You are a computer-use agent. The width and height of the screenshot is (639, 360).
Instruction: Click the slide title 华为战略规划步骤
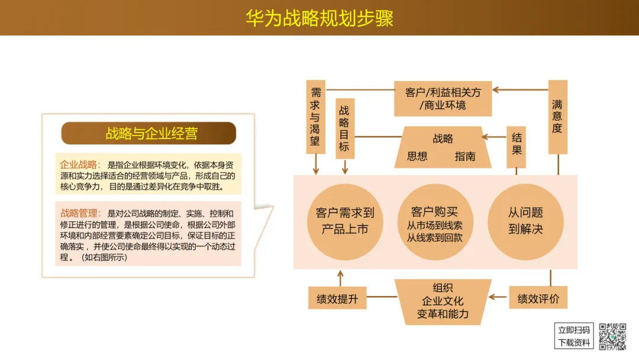319,18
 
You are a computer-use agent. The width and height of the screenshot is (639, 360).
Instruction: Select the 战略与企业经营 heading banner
149,133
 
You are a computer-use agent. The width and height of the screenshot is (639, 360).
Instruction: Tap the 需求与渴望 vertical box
315,117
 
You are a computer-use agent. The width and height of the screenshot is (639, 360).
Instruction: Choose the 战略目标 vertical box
344,128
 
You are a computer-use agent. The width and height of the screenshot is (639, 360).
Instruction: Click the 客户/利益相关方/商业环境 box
443,98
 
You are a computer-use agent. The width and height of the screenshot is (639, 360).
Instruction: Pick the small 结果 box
517,143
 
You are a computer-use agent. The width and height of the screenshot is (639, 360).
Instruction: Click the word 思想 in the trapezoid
417,156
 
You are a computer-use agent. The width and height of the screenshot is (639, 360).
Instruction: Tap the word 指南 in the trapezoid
465,156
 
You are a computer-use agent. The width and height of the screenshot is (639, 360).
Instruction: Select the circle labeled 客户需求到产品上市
345,221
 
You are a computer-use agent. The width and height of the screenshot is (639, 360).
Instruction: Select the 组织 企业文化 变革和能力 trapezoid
443,301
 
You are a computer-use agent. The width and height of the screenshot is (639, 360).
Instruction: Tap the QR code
612,336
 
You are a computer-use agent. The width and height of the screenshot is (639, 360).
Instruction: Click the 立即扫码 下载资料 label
574,336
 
